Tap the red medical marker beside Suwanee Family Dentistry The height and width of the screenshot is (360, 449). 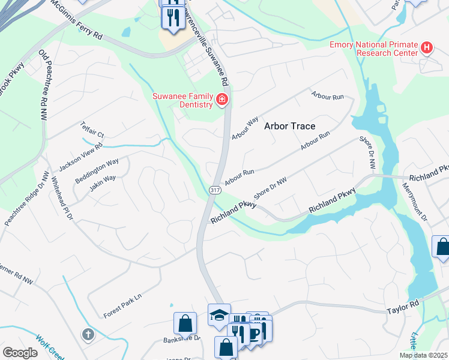(x=222, y=100)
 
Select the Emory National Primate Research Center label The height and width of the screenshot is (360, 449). (x=373, y=48)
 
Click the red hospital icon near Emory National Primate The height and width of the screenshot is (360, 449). (x=427, y=47)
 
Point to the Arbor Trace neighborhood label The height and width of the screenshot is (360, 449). (x=290, y=126)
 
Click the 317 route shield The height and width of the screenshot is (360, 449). (x=215, y=190)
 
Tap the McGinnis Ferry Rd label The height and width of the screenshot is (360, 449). (x=76, y=20)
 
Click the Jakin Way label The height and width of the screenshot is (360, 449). (x=103, y=182)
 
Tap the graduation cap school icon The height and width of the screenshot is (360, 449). (x=219, y=314)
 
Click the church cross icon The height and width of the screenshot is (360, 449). (x=88, y=334)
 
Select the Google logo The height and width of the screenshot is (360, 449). (x=20, y=353)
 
